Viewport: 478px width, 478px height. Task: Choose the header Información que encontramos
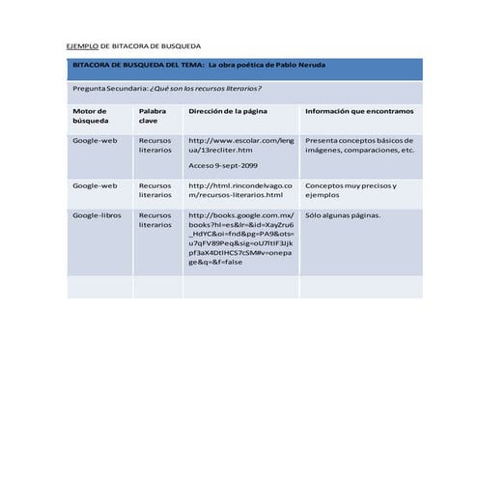point(358,111)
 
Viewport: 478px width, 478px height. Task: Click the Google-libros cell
point(97,214)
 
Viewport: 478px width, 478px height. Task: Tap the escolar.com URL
point(240,145)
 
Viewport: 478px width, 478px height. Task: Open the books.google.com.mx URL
point(240,238)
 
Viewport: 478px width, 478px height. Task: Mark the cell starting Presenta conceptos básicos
point(359,145)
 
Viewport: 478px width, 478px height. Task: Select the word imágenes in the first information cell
point(323,151)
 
